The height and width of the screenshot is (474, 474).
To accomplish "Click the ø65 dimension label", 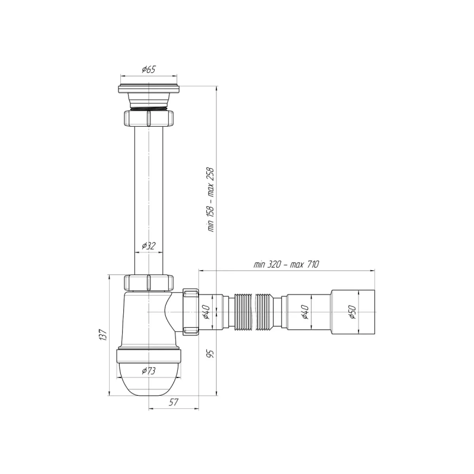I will (149, 70).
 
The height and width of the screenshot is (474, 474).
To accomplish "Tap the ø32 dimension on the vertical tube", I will (149, 245).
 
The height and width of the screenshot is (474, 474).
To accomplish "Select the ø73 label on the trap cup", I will (149, 371).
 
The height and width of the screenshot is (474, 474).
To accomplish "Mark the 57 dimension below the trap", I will (174, 403).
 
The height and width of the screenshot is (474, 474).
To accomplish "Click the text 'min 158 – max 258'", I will (210, 199).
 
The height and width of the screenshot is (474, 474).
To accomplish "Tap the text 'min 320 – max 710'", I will (286, 265).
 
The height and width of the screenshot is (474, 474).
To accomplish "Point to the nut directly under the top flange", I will (149, 117).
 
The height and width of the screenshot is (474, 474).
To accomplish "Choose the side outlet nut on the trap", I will (191, 312).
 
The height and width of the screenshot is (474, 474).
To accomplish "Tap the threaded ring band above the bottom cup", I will (149, 355).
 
